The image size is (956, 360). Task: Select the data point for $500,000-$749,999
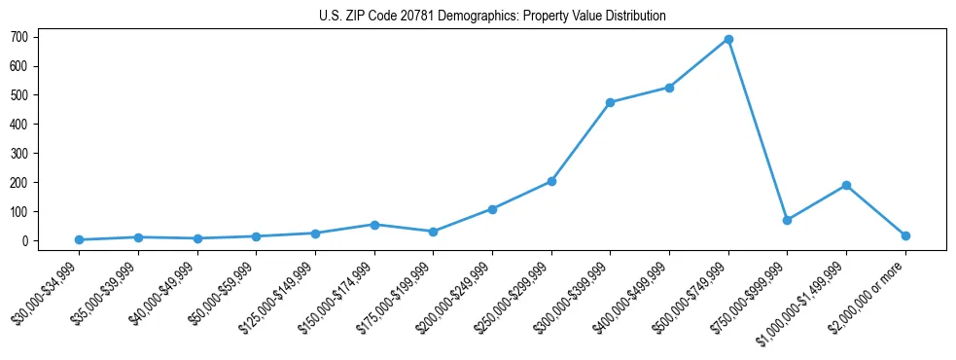[x=728, y=39]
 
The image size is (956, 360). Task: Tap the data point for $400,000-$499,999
[x=669, y=88]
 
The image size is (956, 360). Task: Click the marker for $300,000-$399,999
[x=610, y=102]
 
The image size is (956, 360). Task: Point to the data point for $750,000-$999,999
[x=787, y=220]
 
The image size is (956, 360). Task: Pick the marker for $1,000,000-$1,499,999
[x=846, y=185]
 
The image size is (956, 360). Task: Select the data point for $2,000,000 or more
[x=905, y=235]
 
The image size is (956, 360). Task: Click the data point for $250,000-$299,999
[x=551, y=181]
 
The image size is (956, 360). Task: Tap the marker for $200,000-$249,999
[x=492, y=209]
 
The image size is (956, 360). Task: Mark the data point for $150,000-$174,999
[x=374, y=225]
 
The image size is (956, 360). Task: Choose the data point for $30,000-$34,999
[x=79, y=239]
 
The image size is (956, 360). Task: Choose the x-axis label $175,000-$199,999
[x=400, y=294]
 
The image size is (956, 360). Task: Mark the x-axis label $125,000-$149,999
[x=282, y=294]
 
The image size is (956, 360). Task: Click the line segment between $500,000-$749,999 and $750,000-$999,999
[x=758, y=129]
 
